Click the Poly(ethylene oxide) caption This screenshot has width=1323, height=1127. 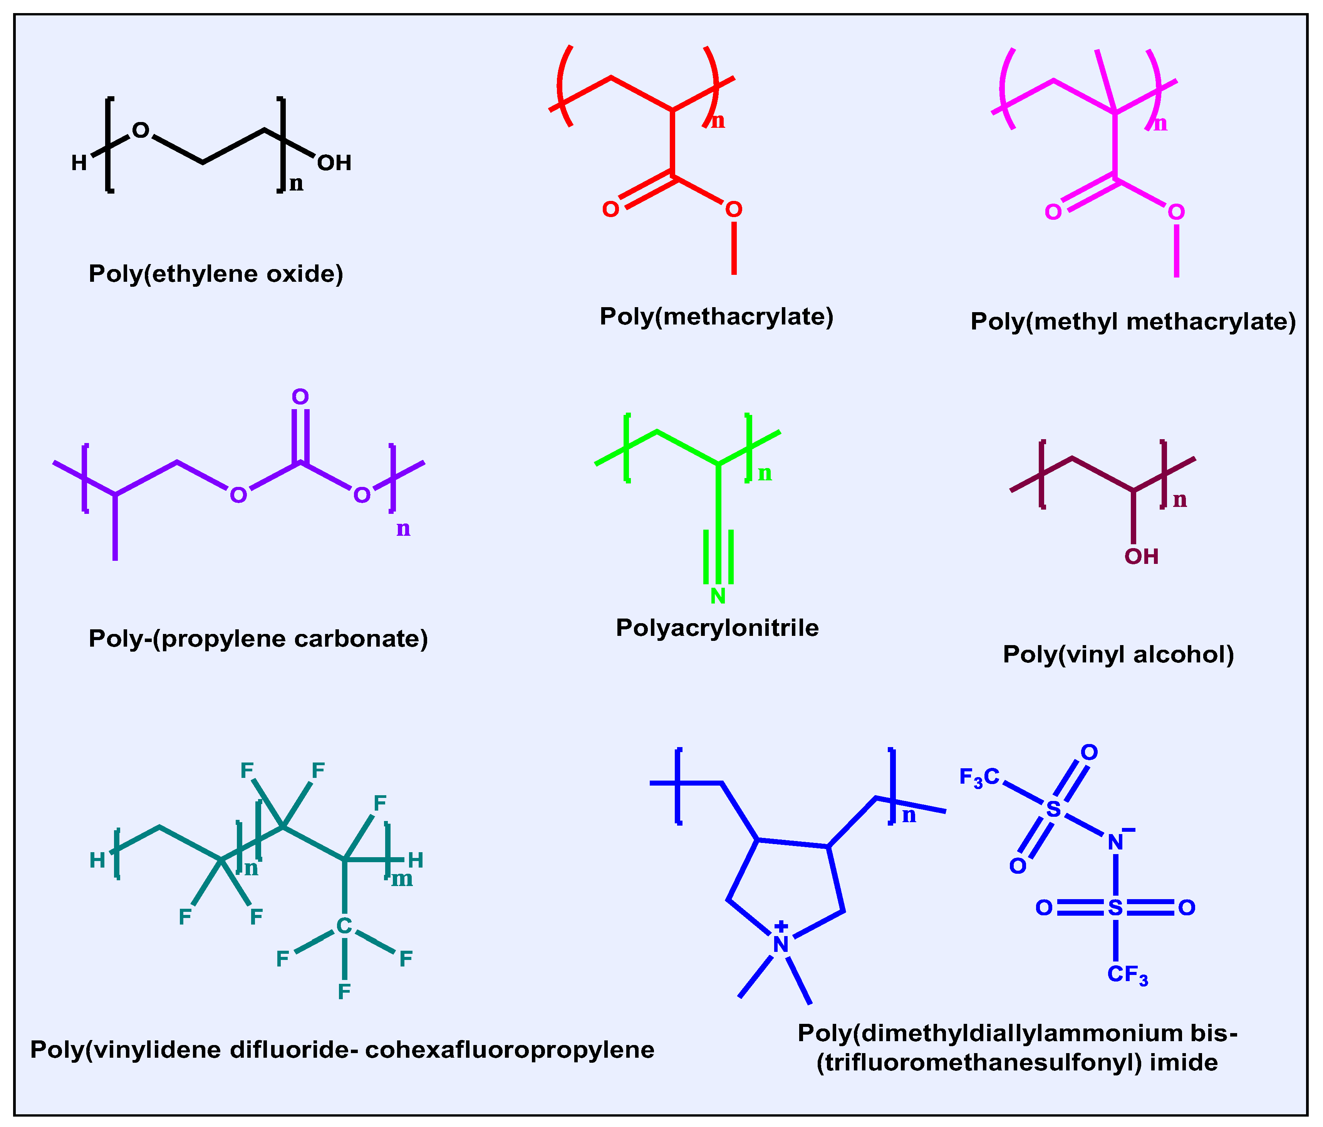216,274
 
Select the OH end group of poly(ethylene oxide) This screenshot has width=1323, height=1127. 334,163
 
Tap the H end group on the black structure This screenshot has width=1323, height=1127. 79,163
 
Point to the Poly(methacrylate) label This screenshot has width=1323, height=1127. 716,316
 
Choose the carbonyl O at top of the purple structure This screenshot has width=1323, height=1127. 300,397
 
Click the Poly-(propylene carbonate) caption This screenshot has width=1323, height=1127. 258,639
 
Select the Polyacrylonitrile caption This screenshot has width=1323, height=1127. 717,628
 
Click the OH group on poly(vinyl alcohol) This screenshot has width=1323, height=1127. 1142,557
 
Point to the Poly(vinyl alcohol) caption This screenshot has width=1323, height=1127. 1118,655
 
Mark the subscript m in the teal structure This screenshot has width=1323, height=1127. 402,880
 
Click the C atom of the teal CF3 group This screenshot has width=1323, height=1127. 344,926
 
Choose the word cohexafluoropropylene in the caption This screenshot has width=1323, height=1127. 510,1050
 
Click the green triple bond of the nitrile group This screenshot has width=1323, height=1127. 718,557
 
